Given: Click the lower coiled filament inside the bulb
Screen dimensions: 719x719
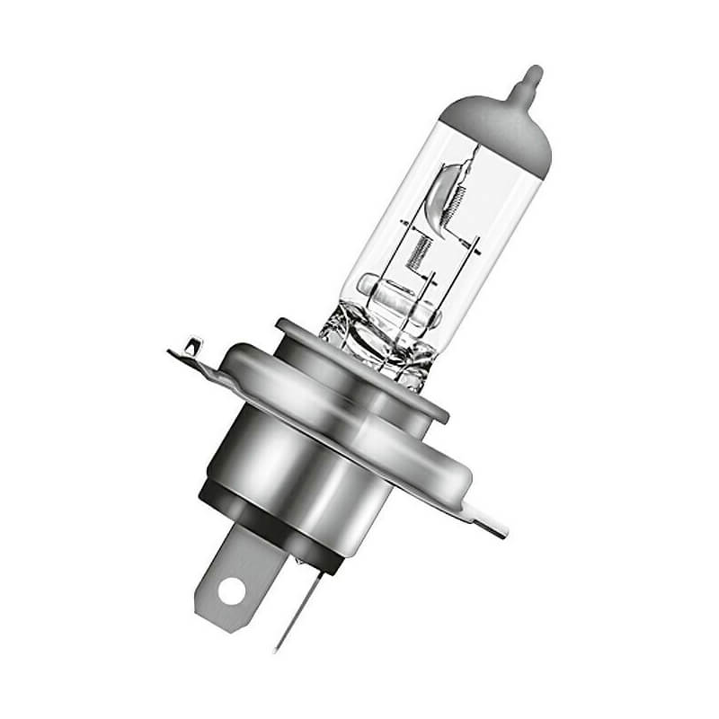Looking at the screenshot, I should point(414,253).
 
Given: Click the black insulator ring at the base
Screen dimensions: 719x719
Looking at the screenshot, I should point(270,530).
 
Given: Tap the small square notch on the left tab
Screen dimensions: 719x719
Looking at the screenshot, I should point(191,342).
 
